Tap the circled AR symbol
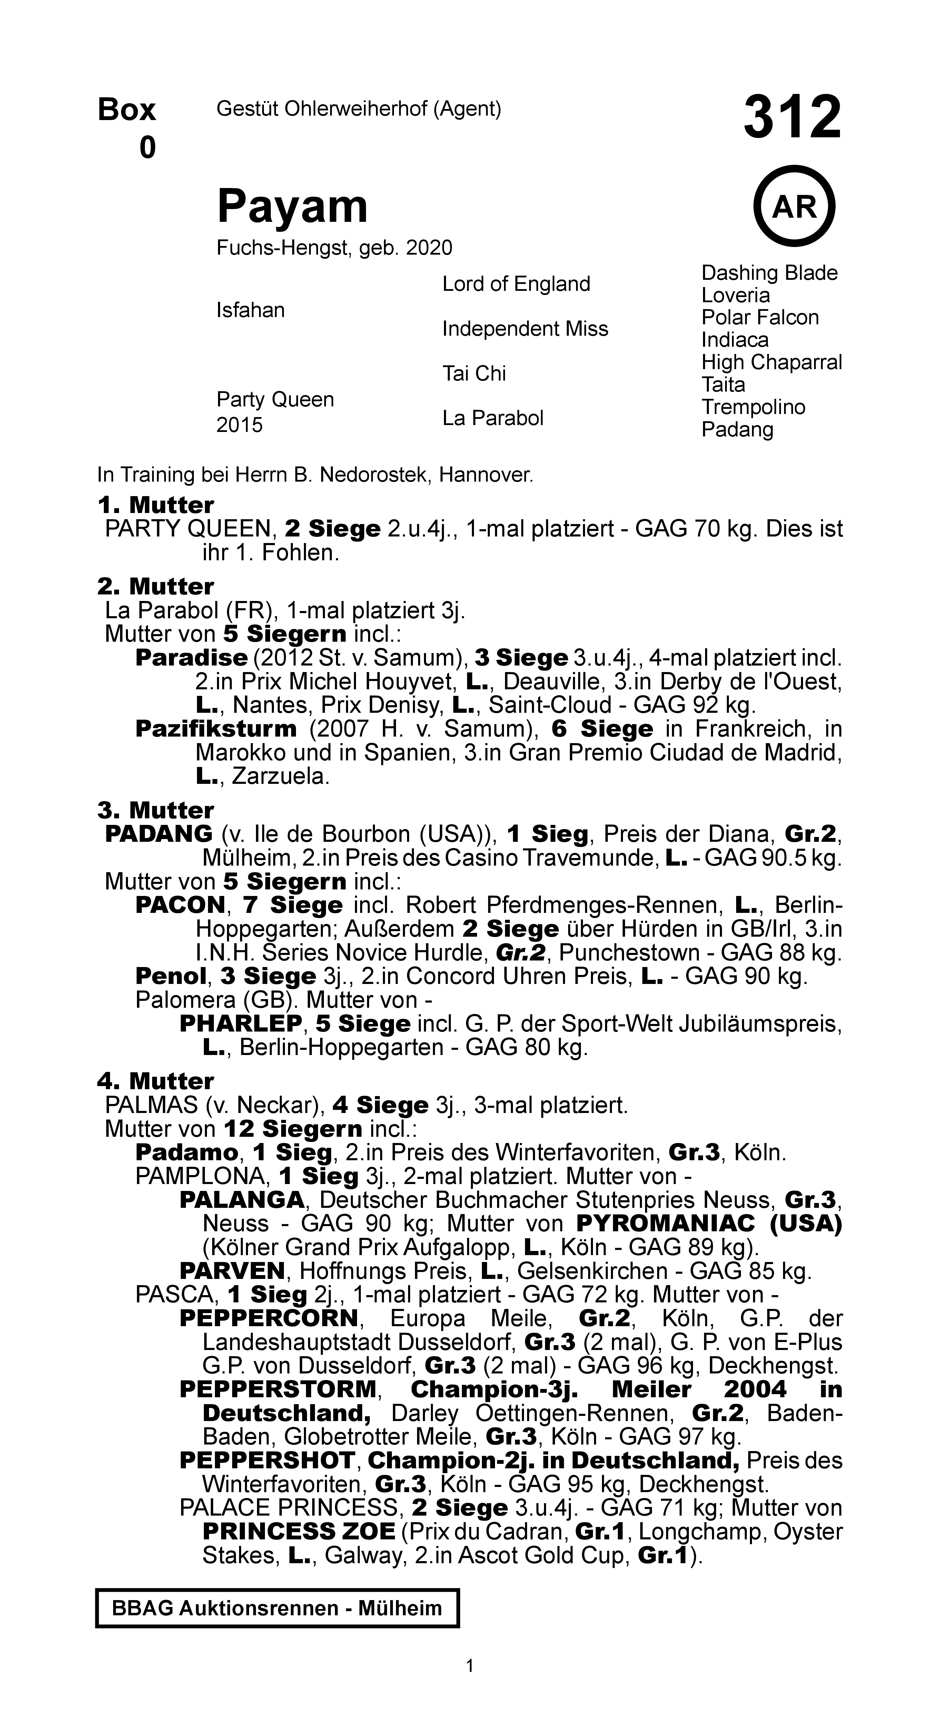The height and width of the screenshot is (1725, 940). [794, 207]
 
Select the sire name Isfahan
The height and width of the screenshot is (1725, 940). [250, 310]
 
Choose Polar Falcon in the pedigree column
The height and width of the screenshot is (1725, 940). [760, 317]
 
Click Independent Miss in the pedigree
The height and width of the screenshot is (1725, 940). [525, 329]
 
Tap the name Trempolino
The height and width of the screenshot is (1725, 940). [753, 407]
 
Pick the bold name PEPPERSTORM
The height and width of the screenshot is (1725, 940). [278, 1390]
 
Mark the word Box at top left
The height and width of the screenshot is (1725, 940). [127, 110]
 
